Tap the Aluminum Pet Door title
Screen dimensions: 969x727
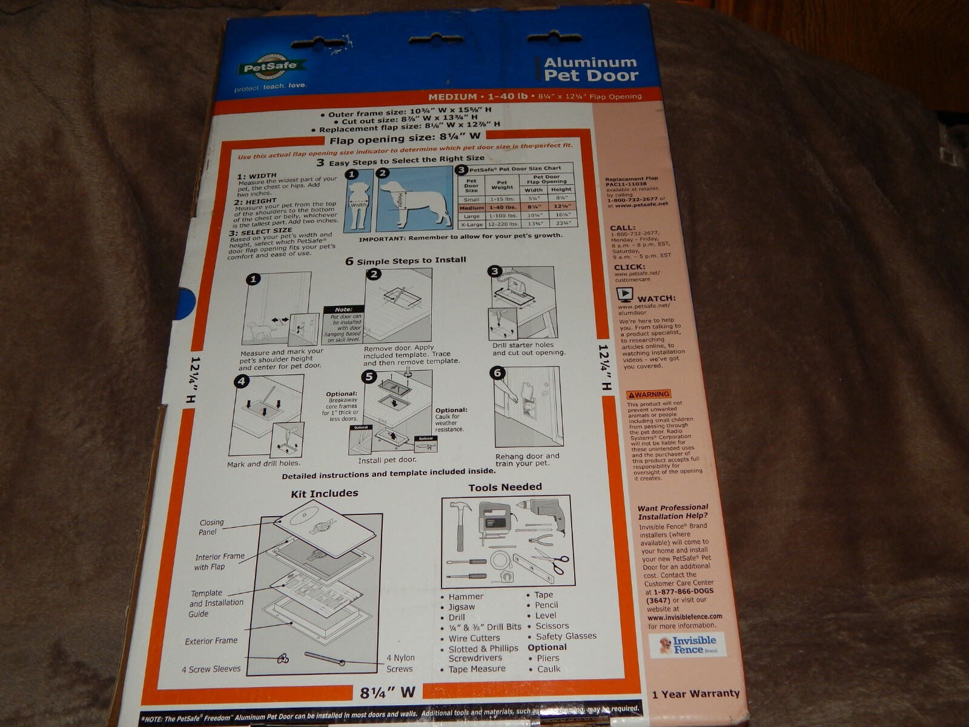pyautogui.click(x=590, y=69)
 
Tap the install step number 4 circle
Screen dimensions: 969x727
pyautogui.click(x=242, y=381)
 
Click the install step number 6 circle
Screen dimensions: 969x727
pyautogui.click(x=498, y=373)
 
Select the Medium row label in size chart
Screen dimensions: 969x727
pyautogui.click(x=471, y=208)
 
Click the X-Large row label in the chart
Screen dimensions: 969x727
pyautogui.click(x=471, y=224)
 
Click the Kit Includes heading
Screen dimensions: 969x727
pyautogui.click(x=324, y=493)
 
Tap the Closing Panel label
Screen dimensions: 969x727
pyautogui.click(x=211, y=527)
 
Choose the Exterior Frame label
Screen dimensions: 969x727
pyautogui.click(x=211, y=640)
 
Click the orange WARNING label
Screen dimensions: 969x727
pyautogui.click(x=649, y=394)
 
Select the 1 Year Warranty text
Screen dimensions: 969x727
pyautogui.click(x=696, y=694)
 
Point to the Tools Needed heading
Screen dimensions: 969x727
pyautogui.click(x=504, y=487)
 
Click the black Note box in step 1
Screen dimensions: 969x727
pyautogui.click(x=343, y=310)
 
